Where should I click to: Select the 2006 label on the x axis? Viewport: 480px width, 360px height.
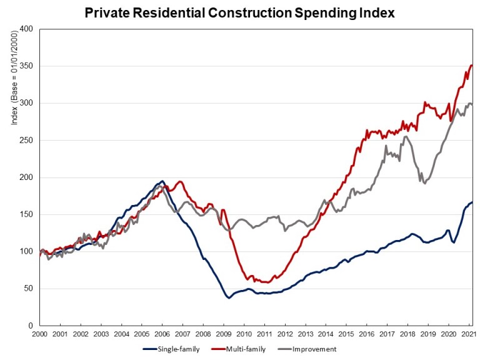pos(162,334)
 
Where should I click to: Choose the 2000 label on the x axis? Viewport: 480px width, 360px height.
pos(39,334)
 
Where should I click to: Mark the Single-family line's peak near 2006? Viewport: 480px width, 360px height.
pos(162,181)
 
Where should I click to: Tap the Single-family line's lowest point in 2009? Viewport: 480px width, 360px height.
pos(229,297)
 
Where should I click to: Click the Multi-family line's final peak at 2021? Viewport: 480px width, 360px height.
pos(471,65)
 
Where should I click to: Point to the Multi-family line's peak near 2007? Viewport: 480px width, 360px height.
pos(181,182)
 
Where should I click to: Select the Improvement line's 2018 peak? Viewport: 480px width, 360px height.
pos(406,136)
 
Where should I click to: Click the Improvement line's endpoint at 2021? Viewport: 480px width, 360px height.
pos(472,106)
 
